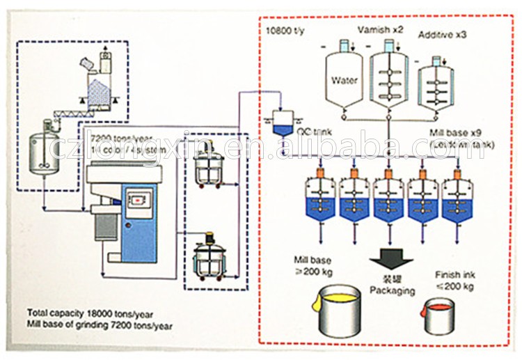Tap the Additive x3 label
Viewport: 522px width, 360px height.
click(441, 35)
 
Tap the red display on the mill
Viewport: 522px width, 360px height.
click(139, 201)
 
